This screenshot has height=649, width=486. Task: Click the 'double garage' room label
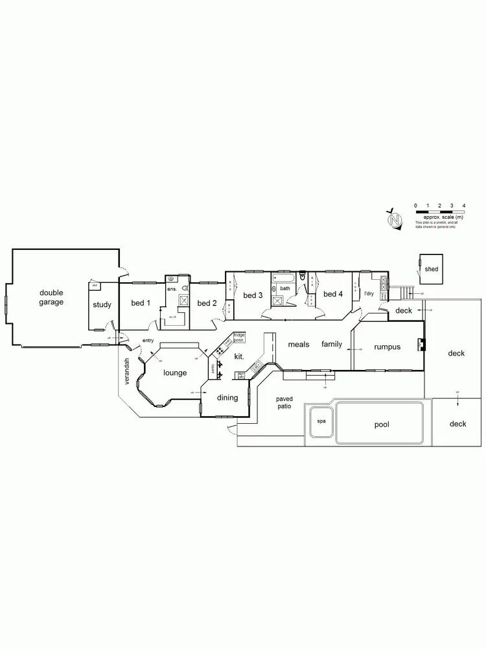coord(51,298)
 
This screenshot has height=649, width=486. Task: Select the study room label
coord(102,304)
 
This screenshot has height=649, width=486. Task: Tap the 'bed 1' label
coord(141,303)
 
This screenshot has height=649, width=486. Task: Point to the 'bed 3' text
coord(253,295)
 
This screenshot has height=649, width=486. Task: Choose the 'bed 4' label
coord(332,294)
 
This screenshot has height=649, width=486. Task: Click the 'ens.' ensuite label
coord(172,288)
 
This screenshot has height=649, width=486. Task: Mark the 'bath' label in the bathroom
coord(285,288)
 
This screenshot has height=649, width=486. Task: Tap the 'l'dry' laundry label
coord(369,293)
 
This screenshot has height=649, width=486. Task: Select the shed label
coord(431,269)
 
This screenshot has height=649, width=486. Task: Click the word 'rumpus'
coord(387,347)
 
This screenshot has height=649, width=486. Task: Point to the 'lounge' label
coord(175,373)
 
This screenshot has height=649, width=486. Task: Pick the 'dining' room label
coord(227,397)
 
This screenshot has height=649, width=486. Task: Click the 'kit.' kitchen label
coord(239,357)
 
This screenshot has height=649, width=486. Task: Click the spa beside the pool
coord(321,421)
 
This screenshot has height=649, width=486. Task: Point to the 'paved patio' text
coord(284,402)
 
